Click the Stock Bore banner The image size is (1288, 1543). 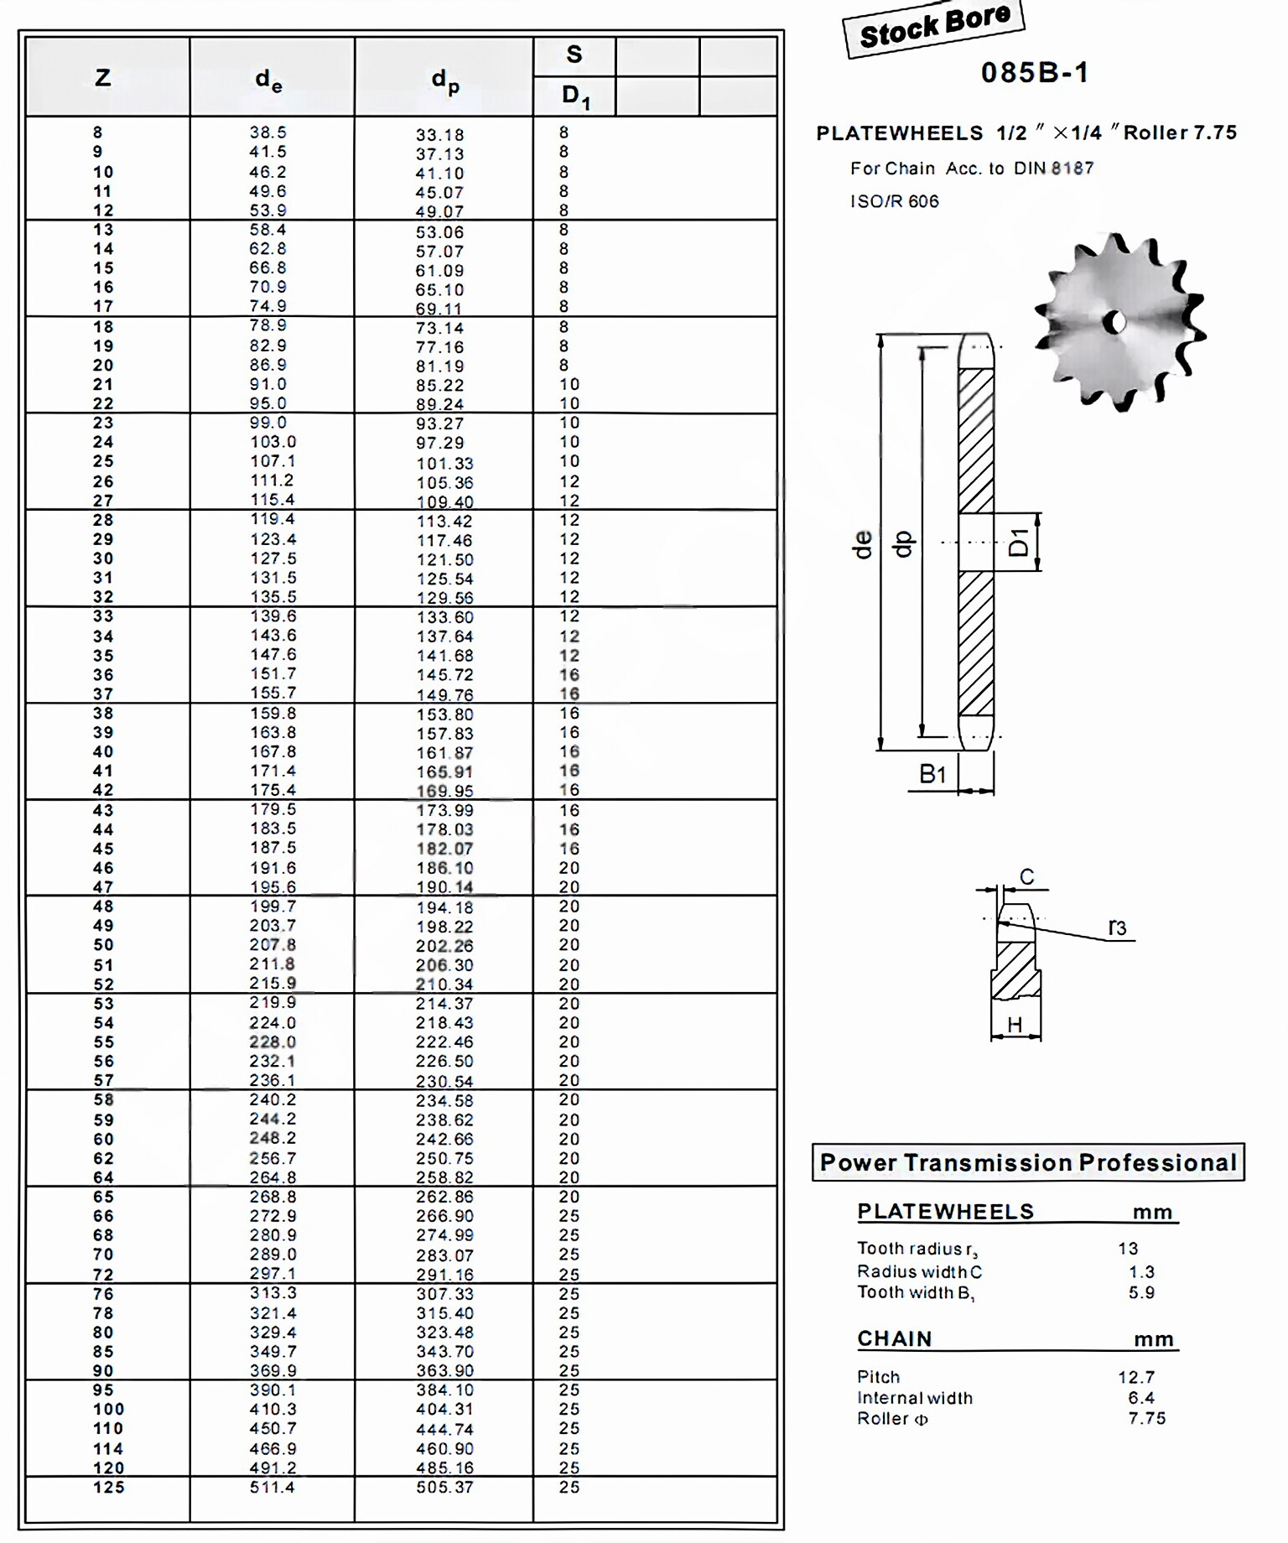pos(933,28)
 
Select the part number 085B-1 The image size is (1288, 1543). pos(1035,73)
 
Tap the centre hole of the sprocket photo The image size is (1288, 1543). pos(1115,322)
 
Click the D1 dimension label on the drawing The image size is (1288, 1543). pos(1019,543)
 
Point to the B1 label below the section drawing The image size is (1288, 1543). pos(932,774)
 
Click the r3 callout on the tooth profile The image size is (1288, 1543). pos(1117,927)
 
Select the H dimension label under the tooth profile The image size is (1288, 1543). pos(1015,1025)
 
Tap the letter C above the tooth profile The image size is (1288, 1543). pos(1027,877)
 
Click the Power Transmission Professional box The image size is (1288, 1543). pos(1028,1162)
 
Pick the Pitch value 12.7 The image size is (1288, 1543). pos(1136,1377)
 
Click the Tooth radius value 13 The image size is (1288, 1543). pos(1128,1249)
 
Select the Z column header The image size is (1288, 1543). pos(102,78)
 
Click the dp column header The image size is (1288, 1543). pos(444,81)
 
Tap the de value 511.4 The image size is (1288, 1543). pos(273,1488)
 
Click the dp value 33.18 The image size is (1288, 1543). pos(439,135)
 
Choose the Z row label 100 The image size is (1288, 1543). pos(108,1410)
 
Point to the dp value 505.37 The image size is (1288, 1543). pos(444,1488)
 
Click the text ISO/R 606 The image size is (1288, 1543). pos(894,201)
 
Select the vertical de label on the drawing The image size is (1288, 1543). pos(863,544)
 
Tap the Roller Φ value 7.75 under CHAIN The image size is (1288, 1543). pos(1146,1418)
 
